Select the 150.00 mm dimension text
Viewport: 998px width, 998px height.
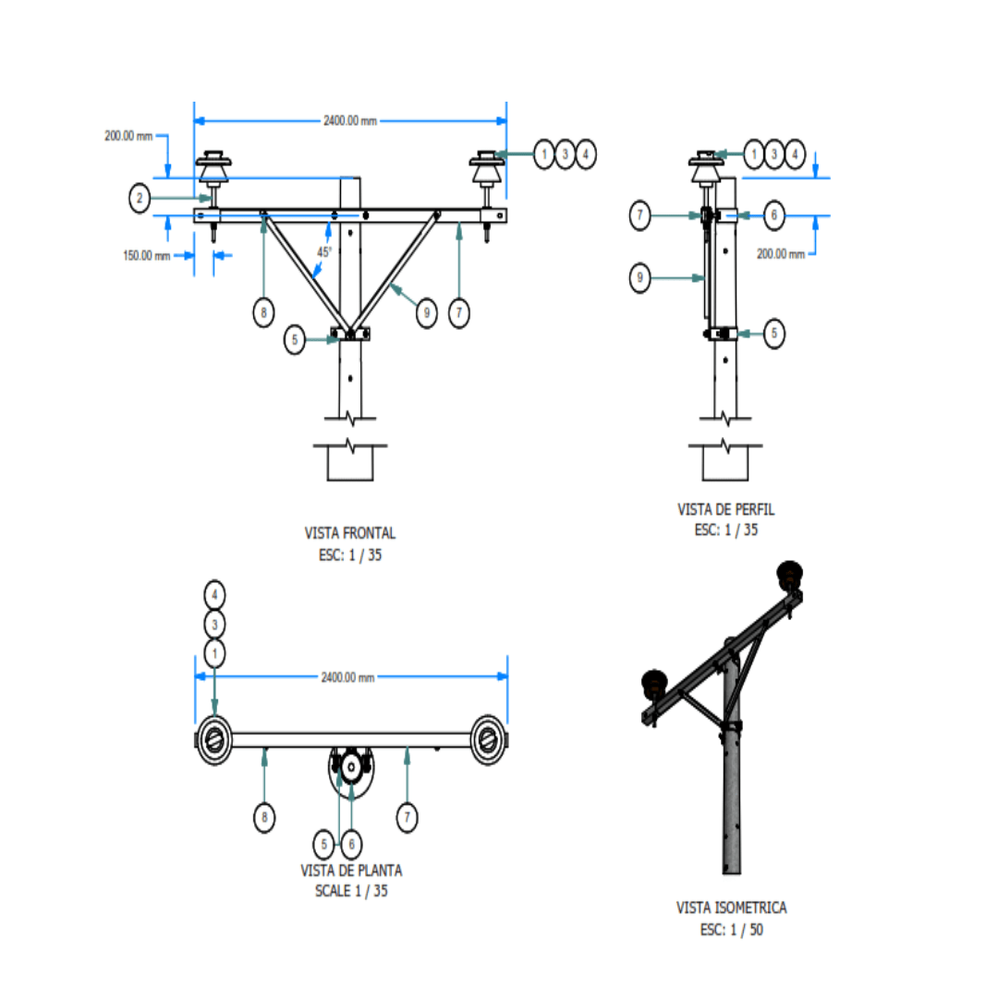coord(147,256)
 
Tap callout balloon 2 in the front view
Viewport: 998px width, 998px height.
coord(140,198)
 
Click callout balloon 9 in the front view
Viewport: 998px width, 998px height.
coord(426,313)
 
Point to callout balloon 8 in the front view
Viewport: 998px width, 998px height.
coord(264,313)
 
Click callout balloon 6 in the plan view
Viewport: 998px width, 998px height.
coord(351,843)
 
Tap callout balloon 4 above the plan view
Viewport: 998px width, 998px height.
coord(214,592)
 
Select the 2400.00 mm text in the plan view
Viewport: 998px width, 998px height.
coord(348,677)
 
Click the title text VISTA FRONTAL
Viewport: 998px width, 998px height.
coord(350,533)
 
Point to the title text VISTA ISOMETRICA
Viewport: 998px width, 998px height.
coord(732,908)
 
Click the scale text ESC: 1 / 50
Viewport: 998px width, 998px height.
coord(732,930)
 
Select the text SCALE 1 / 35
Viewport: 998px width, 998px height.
coord(351,891)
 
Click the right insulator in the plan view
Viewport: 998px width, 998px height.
coord(488,738)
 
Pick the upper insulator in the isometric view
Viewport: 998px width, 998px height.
coord(790,575)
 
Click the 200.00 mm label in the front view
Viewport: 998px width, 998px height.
coord(128,136)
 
